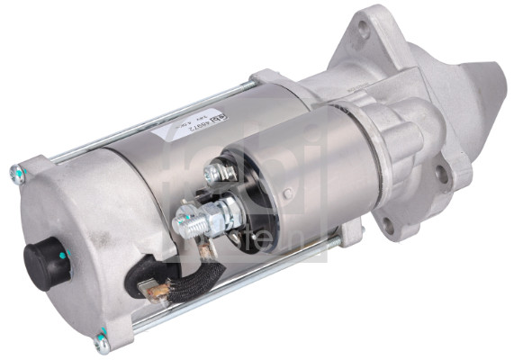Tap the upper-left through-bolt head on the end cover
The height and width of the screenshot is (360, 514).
pos(17,169)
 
